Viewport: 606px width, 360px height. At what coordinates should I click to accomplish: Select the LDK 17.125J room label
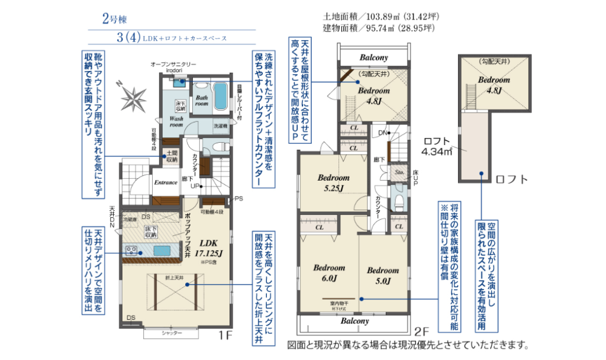[x=211, y=247]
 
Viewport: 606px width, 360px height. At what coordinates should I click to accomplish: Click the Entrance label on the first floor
[x=166, y=182]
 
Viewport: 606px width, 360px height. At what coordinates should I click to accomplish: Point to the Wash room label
[x=176, y=121]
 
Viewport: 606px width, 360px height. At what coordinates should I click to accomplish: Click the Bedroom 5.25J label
[x=333, y=182]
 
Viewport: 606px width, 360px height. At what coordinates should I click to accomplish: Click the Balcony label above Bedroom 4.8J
[x=373, y=57]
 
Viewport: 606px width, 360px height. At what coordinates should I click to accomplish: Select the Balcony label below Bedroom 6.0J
[x=354, y=321]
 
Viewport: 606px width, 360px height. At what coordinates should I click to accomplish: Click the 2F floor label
[x=421, y=332]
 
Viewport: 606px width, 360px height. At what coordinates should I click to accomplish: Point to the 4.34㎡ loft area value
[x=437, y=152]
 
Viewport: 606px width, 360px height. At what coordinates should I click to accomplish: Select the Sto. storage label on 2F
[x=399, y=173]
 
